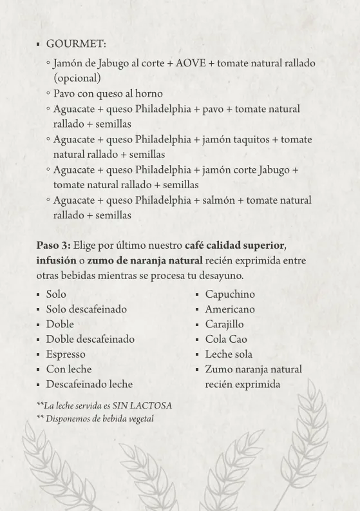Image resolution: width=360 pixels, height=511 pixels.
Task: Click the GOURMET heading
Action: click(x=76, y=44)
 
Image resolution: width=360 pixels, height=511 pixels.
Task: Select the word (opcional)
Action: click(x=77, y=78)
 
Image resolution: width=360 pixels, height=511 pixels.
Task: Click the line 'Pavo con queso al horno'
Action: click(x=108, y=93)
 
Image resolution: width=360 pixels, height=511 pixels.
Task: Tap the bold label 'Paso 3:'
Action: click(x=53, y=246)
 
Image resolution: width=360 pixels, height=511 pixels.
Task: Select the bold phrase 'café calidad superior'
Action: click(x=234, y=246)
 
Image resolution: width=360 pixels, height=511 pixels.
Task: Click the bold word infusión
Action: click(x=56, y=260)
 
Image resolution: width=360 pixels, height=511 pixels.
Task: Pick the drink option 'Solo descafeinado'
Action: click(x=86, y=309)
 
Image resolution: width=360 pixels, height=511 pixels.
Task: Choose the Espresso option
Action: click(x=65, y=354)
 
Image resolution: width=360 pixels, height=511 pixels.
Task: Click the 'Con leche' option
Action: click(x=68, y=369)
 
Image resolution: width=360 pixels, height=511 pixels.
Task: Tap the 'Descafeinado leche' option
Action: click(x=89, y=384)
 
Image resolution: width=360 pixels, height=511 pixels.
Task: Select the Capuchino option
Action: click(x=230, y=294)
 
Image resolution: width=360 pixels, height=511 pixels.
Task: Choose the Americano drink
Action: click(x=229, y=309)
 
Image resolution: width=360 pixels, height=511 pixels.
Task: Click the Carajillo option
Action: click(x=224, y=324)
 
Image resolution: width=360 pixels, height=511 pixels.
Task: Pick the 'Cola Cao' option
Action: click(x=225, y=340)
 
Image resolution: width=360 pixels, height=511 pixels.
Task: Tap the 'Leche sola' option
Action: click(x=229, y=354)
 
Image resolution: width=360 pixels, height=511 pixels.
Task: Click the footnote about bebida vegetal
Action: click(x=99, y=419)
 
